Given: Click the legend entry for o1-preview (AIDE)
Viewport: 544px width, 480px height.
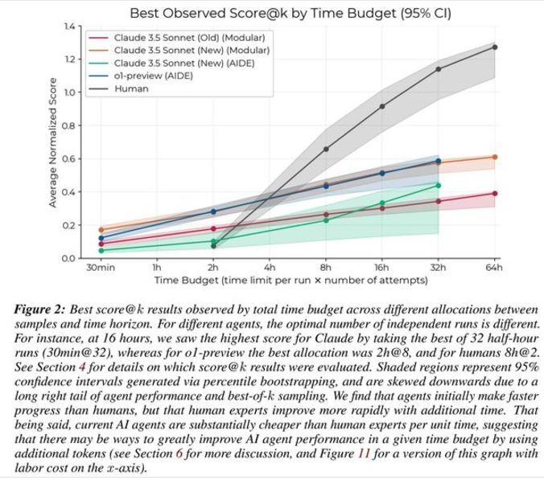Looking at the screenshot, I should coord(154,76).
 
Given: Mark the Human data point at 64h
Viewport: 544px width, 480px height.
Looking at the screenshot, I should coord(494,47).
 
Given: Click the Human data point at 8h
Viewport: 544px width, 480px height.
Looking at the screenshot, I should coord(326,149).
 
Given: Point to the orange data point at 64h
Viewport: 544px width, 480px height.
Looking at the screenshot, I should coord(494,157).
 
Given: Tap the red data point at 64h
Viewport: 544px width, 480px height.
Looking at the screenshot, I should coord(494,193).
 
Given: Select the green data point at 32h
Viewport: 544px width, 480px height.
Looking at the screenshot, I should coord(438,185).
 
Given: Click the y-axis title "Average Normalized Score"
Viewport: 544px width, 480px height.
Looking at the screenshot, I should coord(53,142).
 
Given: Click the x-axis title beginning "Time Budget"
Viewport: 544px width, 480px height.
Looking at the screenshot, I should coord(297,280).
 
